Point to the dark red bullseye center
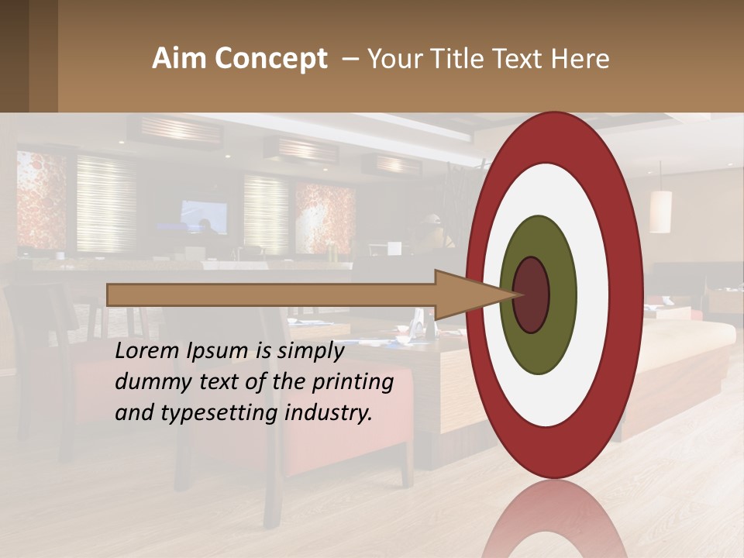coord(532,295)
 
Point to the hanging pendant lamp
coord(660,211)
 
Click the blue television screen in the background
coord(205,217)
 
